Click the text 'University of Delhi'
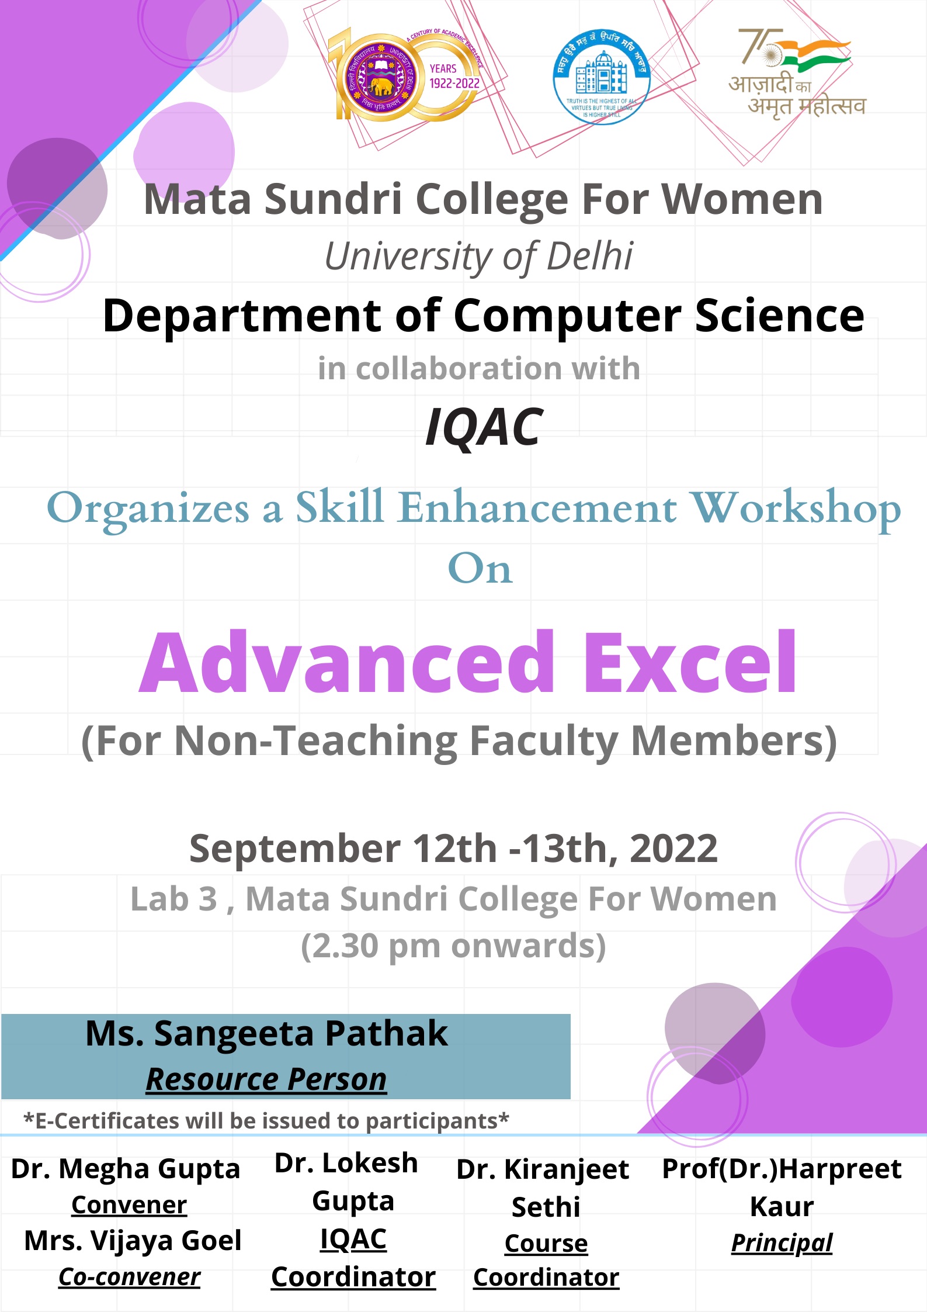478,257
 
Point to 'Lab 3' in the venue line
173,899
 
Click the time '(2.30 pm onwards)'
453,946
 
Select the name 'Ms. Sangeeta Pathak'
266,1034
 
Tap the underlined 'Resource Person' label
266,1079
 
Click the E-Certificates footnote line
266,1121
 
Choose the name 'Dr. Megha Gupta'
126,1169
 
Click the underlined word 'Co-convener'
130,1277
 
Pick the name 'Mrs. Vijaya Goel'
133,1241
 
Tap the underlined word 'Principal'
782,1244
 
